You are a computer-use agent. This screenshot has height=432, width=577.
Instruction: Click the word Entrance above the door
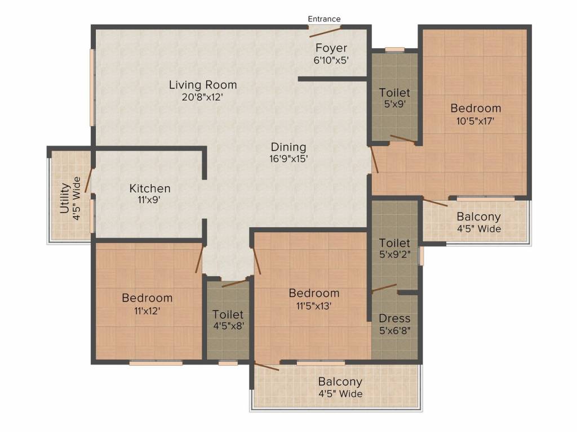324,19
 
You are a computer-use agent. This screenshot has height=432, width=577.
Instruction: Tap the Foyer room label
331,48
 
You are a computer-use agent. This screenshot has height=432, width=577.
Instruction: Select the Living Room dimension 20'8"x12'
203,96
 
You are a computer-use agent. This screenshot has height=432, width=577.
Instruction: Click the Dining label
288,147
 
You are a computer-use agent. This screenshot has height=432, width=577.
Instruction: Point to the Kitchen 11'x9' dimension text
150,199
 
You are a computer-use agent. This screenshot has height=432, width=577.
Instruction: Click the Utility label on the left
64,198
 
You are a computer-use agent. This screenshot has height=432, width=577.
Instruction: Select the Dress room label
394,318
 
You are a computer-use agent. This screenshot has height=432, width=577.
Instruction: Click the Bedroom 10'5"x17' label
476,108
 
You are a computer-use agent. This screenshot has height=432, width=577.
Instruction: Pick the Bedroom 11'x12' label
147,298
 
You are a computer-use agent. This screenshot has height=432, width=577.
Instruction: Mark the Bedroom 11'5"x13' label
314,293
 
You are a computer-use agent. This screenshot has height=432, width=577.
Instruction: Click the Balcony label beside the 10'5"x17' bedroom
478,217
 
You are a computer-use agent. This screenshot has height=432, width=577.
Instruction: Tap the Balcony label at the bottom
340,382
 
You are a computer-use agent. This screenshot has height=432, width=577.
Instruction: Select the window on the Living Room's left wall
91,88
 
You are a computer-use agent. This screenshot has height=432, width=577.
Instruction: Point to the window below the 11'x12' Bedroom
156,363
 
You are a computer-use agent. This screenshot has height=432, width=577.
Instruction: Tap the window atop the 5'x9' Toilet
394,49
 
